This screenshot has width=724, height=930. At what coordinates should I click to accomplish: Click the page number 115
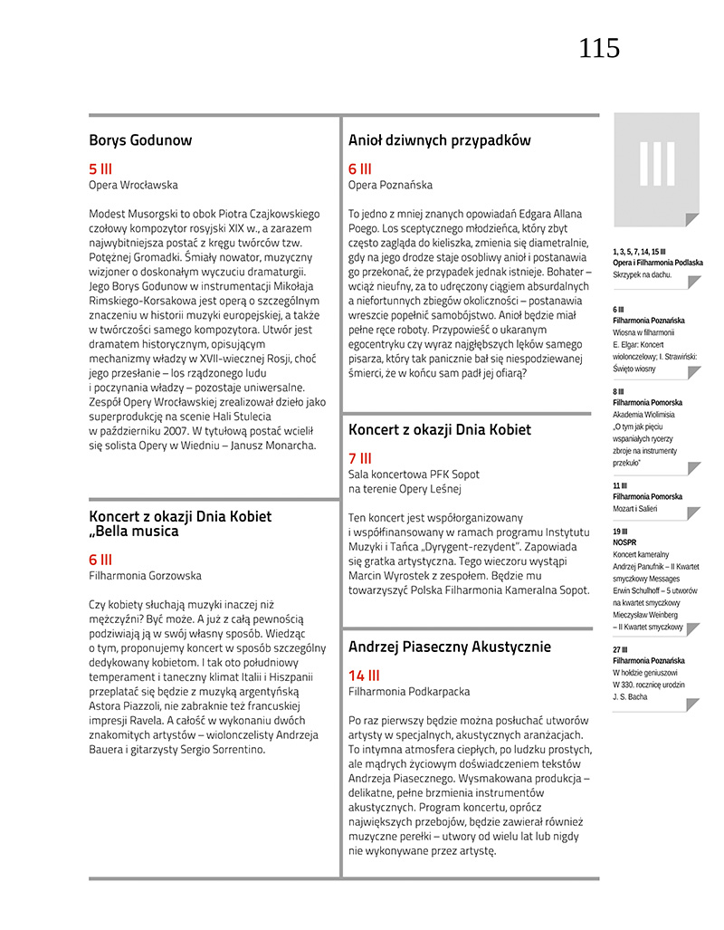(x=599, y=48)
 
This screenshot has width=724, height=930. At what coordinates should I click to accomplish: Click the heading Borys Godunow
(x=140, y=140)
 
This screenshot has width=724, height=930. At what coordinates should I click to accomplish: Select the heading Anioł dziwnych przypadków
(x=439, y=140)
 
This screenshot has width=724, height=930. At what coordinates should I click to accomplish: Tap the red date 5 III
(x=100, y=168)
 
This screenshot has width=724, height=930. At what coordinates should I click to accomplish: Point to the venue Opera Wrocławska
(x=133, y=185)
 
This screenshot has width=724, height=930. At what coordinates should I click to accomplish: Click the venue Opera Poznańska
(x=390, y=185)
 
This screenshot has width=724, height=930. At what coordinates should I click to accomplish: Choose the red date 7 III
(x=360, y=458)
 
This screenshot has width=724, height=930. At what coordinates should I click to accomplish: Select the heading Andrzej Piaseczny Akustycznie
(x=450, y=647)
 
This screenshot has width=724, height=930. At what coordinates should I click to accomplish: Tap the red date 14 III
(x=364, y=676)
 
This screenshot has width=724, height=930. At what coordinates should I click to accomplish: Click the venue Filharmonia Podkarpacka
(x=409, y=692)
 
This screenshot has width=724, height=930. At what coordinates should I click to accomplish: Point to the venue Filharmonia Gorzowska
(x=145, y=575)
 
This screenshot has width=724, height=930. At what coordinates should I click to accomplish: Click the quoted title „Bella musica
(x=135, y=532)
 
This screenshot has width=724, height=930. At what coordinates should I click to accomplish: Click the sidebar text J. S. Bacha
(x=632, y=695)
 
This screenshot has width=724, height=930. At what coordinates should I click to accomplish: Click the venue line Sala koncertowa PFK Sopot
(x=414, y=475)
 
